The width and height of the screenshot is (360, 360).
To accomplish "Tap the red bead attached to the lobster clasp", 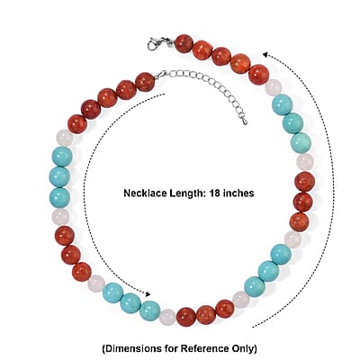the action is [184, 44].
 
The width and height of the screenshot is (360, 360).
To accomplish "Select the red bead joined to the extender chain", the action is [145, 82].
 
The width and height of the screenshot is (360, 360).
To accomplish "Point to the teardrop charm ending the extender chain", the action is [245, 121].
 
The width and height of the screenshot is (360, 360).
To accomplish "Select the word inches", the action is [239, 193].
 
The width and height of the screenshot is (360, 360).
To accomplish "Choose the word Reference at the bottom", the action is [204, 349].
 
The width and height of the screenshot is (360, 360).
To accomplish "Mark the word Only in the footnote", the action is [242, 349].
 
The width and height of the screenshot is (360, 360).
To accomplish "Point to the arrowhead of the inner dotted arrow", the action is [148, 294].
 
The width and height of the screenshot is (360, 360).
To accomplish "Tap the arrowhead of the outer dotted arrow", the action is [265, 54].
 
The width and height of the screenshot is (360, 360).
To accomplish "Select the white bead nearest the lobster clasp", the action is [273, 87].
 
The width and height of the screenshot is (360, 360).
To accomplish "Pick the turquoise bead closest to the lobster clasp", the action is [282, 104].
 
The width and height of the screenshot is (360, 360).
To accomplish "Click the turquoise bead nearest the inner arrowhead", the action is [150, 310].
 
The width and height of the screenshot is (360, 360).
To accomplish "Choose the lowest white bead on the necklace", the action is [168, 317].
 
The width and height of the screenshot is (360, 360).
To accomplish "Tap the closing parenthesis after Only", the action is [255, 349].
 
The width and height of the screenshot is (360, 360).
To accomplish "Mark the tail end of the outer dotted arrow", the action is [253, 327].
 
